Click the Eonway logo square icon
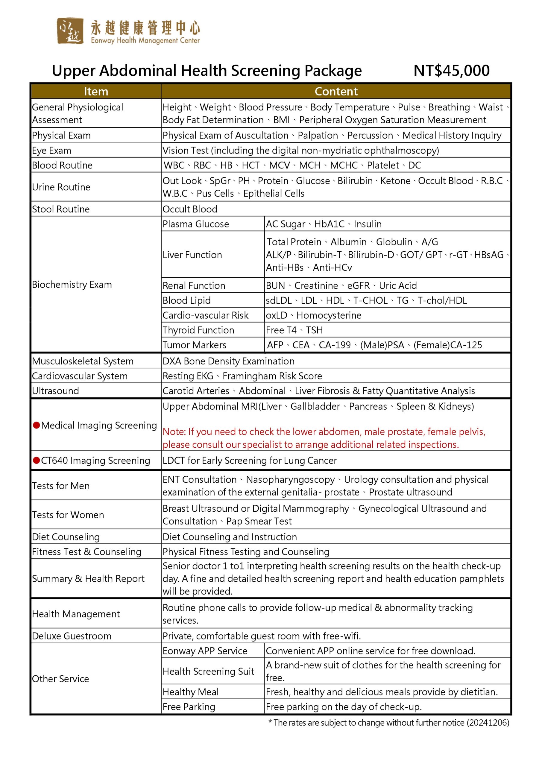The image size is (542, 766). [70, 31]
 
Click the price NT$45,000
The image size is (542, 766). [451, 71]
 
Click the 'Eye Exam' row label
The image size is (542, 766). [52, 151]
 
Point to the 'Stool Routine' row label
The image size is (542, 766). [61, 209]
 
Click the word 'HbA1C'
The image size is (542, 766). [329, 224]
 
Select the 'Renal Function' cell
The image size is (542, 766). [194, 285]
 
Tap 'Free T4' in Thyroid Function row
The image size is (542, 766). [281, 330]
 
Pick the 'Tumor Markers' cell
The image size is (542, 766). [194, 345]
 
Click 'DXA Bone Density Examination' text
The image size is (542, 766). [228, 361]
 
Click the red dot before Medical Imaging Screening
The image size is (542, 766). [37, 425]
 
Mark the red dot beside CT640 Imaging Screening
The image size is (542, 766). [37, 460]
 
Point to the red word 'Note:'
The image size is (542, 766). [174, 432]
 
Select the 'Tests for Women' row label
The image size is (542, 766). [68, 515]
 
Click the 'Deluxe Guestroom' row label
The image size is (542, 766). [72, 636]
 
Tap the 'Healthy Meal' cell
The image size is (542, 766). [191, 692]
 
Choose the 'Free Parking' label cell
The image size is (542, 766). [189, 707]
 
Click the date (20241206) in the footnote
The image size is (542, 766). [488, 723]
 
